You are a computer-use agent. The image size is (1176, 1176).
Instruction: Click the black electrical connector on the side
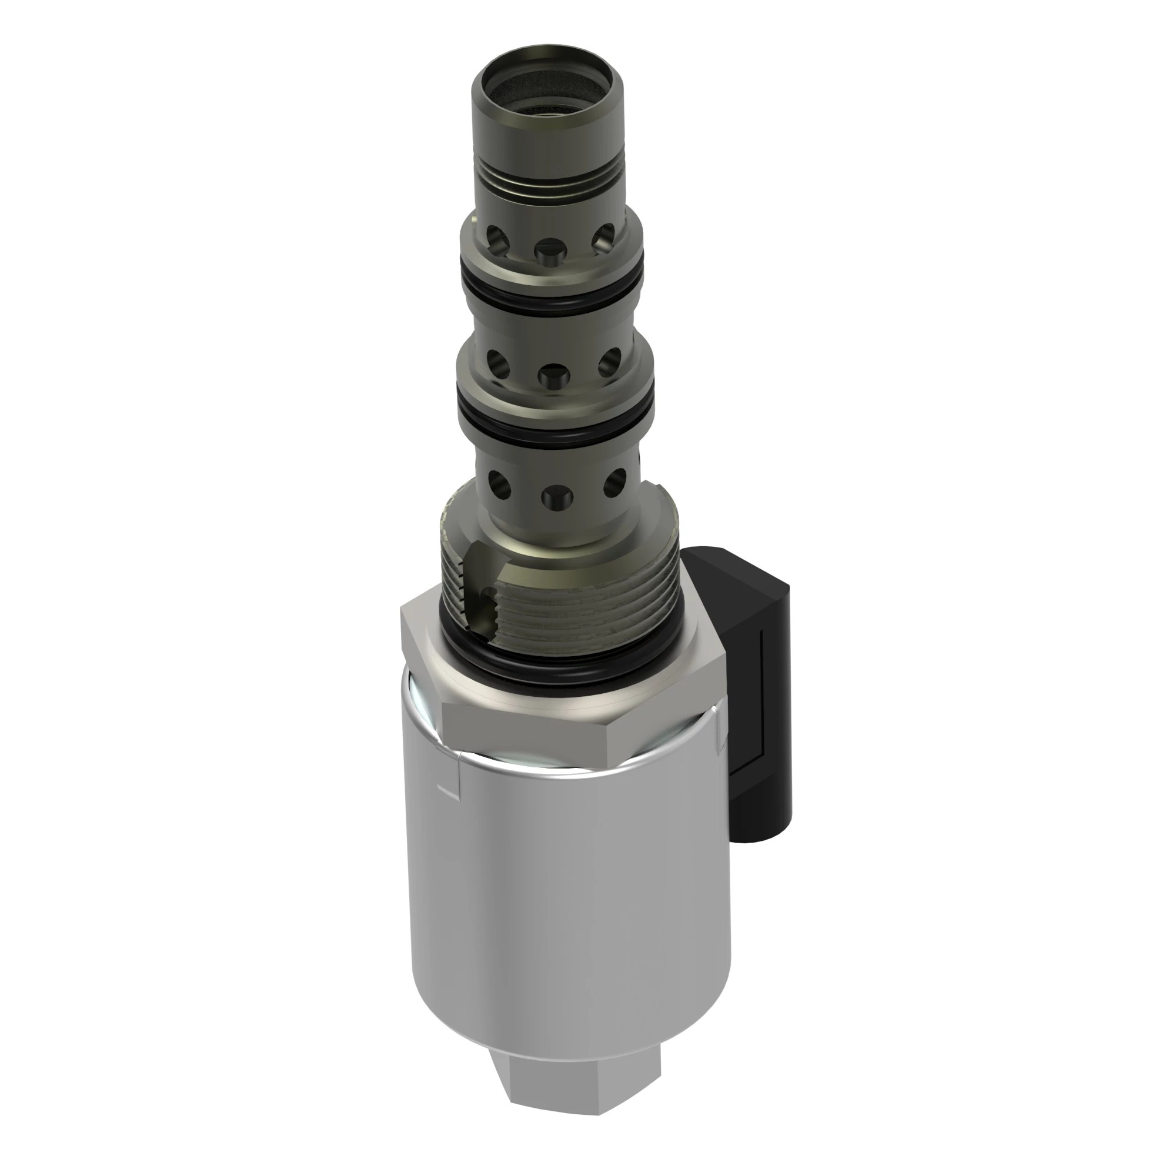(x=761, y=681)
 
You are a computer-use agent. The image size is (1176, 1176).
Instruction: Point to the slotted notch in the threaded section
(x=481, y=584)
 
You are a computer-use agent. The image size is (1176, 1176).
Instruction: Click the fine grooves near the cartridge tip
(x=548, y=183)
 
